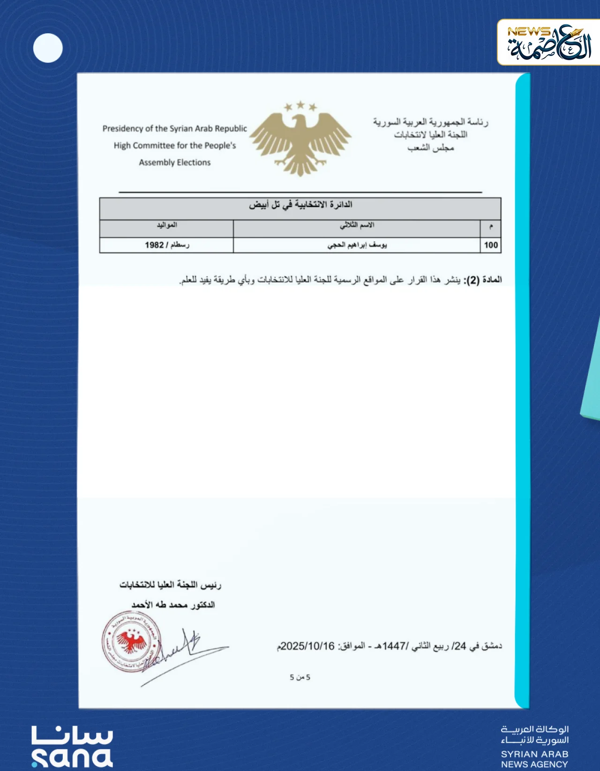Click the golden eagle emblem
[x=300, y=138]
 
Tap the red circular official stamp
[x=131, y=641]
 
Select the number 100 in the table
[x=491, y=245]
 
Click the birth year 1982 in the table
[x=154, y=245]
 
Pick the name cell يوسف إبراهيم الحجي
[x=357, y=245]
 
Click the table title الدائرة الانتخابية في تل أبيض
[x=300, y=205]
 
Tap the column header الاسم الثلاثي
[x=357, y=225]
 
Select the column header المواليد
[x=167, y=225]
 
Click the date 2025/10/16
[x=308, y=646]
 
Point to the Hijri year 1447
[x=394, y=646]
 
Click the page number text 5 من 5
[x=300, y=677]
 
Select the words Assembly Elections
[x=175, y=163]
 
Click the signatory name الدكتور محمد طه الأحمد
[x=173, y=605]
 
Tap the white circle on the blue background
[x=48, y=48]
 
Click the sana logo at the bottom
[x=72, y=747]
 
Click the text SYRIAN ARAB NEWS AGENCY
[x=534, y=759]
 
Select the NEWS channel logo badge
[x=548, y=42]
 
